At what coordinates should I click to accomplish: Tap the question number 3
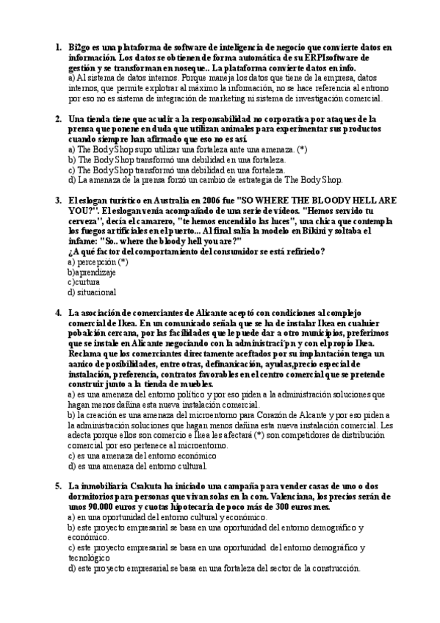[x=58, y=200]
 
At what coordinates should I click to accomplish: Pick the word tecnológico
[x=92, y=558]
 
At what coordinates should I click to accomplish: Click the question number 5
[x=58, y=486]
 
